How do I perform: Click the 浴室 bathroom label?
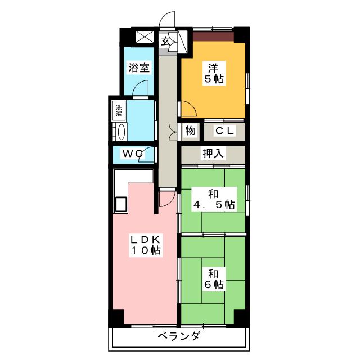[x=138, y=67]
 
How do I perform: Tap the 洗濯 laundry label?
[x=119, y=111]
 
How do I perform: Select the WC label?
[x=133, y=153]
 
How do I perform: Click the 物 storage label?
[x=190, y=131]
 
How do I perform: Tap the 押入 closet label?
[x=213, y=154]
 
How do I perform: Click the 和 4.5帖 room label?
[x=213, y=199]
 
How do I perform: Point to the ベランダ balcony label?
[x=179, y=337]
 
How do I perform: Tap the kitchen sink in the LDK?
[x=121, y=204]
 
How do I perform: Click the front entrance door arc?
[x=168, y=20]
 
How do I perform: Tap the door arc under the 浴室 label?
[x=143, y=88]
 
